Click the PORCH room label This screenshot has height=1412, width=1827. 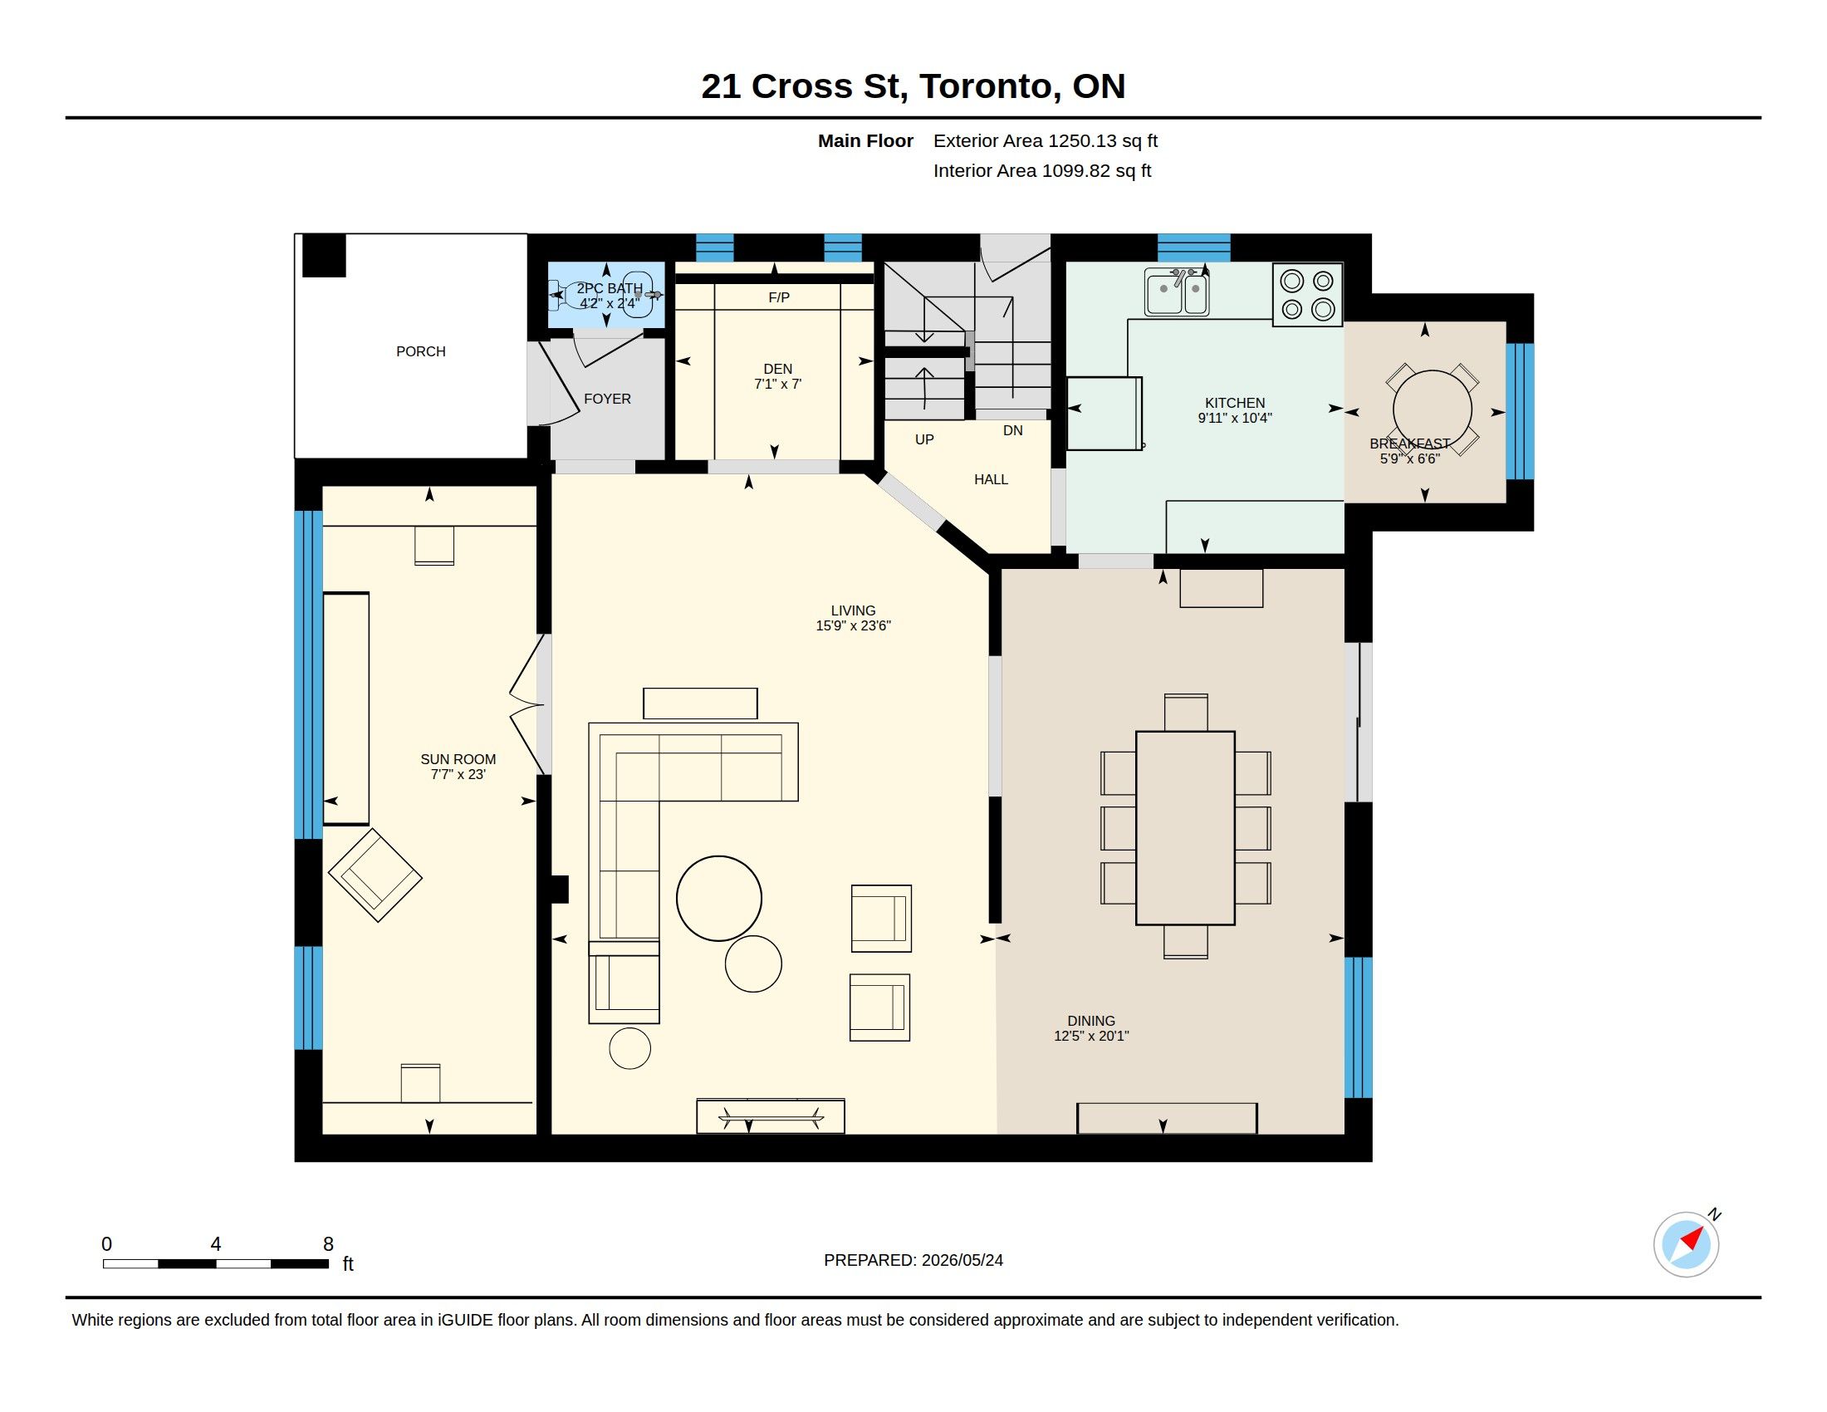click(x=421, y=351)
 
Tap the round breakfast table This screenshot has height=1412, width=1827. click(x=1433, y=409)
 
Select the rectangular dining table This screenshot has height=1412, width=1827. click(x=1185, y=828)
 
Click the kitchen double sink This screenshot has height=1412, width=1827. click(x=1177, y=292)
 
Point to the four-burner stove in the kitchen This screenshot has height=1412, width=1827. click(x=1307, y=295)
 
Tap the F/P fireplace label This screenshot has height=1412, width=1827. click(x=779, y=298)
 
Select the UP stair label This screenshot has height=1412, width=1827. click(x=924, y=439)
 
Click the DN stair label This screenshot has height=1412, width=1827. click(x=1013, y=431)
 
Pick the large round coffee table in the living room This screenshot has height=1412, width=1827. click(x=719, y=899)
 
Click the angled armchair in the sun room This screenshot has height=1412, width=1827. click(x=375, y=875)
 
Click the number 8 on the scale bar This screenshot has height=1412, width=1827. click(x=329, y=1244)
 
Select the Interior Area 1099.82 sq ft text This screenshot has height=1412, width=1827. click(x=1042, y=170)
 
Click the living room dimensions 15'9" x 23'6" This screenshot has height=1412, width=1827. click(x=853, y=625)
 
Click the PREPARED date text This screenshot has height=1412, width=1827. click(x=913, y=1260)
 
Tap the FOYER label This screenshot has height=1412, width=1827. click(x=607, y=399)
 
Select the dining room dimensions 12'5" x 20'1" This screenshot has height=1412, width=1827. click(x=1092, y=1036)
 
